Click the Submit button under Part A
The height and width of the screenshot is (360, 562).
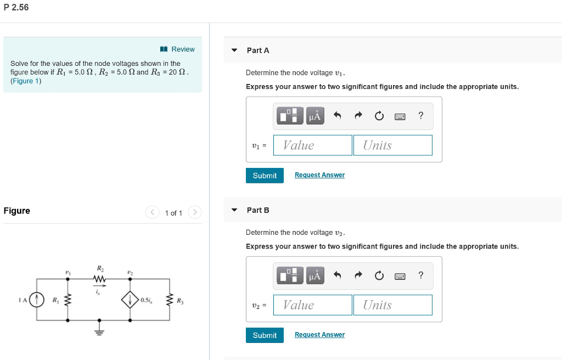265,176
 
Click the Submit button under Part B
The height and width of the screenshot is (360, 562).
265,335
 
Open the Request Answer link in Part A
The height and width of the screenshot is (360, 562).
319,175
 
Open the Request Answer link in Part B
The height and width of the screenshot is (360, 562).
319,335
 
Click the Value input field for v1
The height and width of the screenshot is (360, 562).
313,145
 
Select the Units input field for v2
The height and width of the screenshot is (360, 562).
392,305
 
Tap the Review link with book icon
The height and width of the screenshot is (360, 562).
178,49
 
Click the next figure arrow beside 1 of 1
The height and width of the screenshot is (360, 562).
195,212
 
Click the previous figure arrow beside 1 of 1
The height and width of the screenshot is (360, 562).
152,212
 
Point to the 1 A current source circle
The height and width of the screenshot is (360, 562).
37,300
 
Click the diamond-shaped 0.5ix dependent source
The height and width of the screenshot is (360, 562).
130,300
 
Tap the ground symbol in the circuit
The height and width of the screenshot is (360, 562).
99,331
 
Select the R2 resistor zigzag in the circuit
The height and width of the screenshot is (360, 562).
99,280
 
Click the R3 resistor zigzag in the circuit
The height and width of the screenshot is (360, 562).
168,300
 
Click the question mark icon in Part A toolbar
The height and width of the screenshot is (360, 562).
420,115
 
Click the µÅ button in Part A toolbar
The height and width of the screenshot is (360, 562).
315,116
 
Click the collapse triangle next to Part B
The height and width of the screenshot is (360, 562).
234,210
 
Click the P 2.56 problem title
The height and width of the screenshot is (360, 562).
16,8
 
